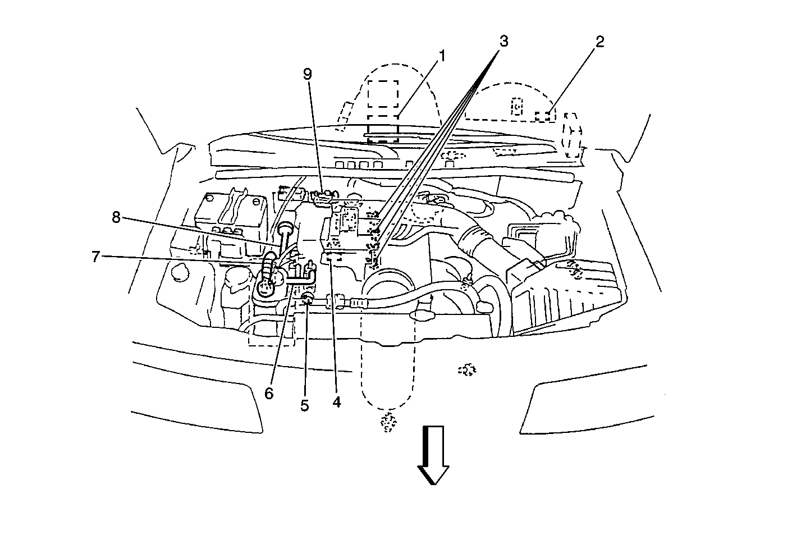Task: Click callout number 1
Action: (x=442, y=57)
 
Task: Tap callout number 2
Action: (x=599, y=42)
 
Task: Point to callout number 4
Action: (x=336, y=402)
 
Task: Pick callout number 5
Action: (x=304, y=405)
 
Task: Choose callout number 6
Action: (x=269, y=394)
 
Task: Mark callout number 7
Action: (x=97, y=257)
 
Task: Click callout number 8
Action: (x=116, y=218)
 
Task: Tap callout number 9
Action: (x=307, y=75)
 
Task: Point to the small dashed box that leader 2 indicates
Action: (x=543, y=116)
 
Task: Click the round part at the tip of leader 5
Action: (x=307, y=298)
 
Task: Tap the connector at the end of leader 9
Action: (x=322, y=195)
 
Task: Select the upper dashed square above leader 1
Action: (x=383, y=94)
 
